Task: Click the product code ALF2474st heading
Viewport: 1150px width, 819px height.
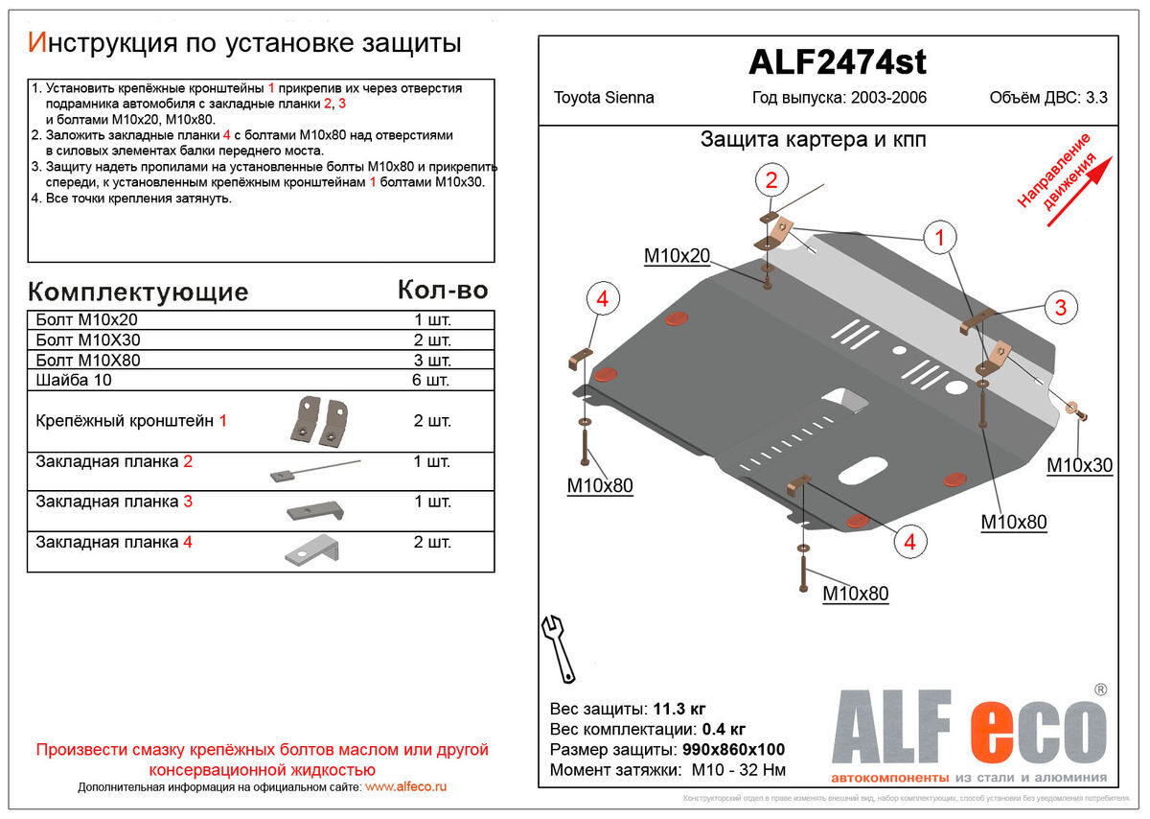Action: click(x=837, y=63)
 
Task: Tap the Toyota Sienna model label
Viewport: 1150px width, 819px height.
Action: click(x=604, y=98)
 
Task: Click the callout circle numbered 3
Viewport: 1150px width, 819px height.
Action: click(x=1060, y=307)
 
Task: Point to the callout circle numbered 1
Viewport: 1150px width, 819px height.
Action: click(x=939, y=237)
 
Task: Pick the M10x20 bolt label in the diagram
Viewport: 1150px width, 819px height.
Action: click(x=677, y=255)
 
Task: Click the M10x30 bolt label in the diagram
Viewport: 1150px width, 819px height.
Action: click(x=1079, y=465)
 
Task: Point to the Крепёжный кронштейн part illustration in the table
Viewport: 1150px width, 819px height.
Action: click(x=319, y=420)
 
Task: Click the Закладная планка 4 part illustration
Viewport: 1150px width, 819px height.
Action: click(x=311, y=550)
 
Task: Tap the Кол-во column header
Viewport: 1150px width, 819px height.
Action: click(x=442, y=291)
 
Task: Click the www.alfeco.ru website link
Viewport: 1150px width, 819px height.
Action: click(x=406, y=786)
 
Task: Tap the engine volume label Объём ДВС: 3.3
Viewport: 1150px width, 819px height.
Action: click(x=1047, y=98)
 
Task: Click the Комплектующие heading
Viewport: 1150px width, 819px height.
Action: click(x=138, y=292)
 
